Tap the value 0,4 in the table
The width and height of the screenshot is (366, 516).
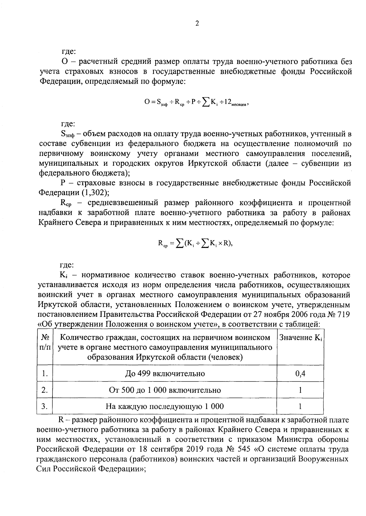(x=300, y=373)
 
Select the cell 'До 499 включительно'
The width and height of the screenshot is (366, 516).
(x=165, y=373)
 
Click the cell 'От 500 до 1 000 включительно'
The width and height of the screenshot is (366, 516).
(x=165, y=390)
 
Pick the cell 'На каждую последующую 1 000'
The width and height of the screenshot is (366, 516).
(x=165, y=406)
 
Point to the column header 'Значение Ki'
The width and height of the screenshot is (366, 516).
(x=300, y=337)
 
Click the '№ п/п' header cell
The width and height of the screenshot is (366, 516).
(x=45, y=343)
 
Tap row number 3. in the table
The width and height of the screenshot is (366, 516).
(x=45, y=406)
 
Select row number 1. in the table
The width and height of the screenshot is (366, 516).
(x=45, y=373)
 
